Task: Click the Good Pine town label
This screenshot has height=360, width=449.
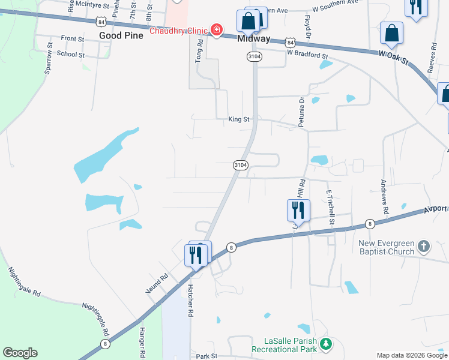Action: (121, 35)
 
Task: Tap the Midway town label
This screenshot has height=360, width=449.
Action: (254, 38)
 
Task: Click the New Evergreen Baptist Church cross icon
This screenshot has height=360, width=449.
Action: (424, 245)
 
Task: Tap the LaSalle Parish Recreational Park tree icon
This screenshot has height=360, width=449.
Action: (325, 344)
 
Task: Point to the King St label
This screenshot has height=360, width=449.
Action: (238, 119)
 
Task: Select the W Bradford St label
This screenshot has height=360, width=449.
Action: (307, 54)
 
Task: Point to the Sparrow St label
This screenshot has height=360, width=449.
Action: (49, 58)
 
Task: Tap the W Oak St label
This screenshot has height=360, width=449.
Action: (393, 57)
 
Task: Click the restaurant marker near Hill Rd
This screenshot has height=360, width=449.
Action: (298, 211)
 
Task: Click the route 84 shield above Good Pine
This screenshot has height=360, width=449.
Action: (101, 22)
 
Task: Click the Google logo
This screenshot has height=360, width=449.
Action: (20, 353)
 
